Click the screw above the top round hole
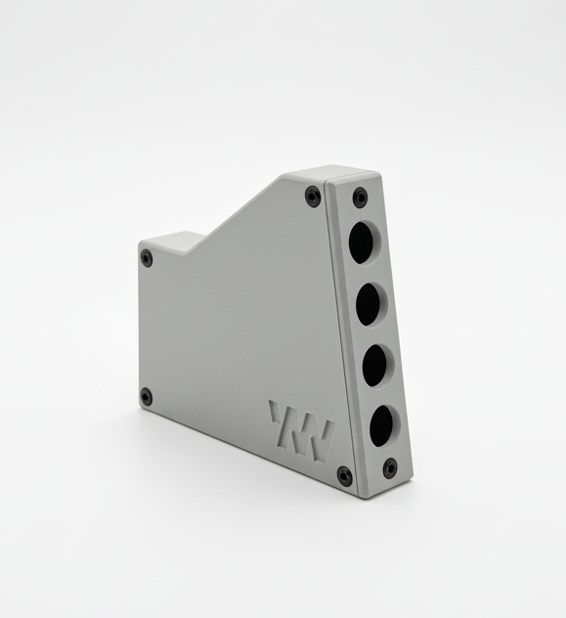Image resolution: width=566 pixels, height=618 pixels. coord(360,196)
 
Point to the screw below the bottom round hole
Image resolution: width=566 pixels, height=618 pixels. coord(390,467)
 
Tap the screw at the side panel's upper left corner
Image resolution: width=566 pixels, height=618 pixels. coord(147,258)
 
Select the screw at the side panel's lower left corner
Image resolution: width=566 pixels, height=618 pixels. coord(146,396)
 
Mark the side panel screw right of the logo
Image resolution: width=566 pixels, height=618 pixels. coord(344,475)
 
